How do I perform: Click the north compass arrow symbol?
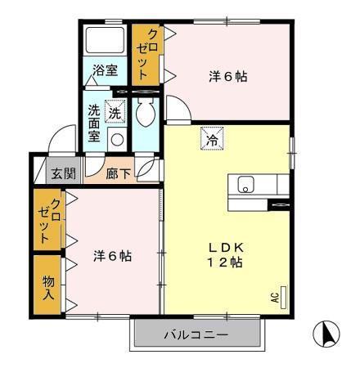coord(326,334)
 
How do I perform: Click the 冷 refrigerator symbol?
coord(211,140)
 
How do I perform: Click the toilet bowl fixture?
coord(146,114)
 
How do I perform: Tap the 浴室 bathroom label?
coord(105,72)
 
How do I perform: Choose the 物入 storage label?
coord(48,284)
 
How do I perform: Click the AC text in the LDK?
coord(277,297)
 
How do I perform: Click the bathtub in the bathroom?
coord(103,40)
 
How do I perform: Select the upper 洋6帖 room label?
coord(228,77)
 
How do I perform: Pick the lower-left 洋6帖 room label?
coord(113,256)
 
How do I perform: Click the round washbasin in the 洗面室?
coord(115,140)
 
